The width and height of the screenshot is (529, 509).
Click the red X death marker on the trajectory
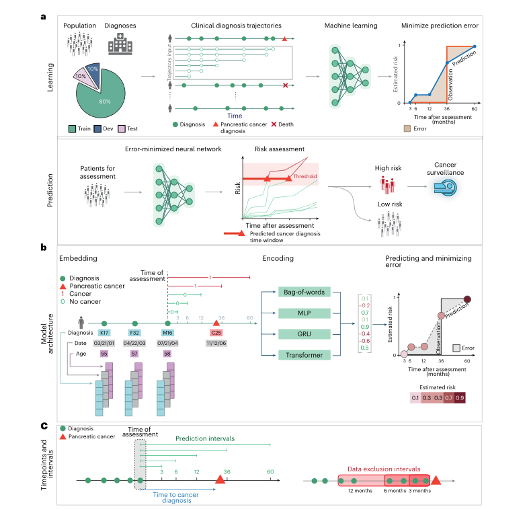(x=286, y=85)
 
